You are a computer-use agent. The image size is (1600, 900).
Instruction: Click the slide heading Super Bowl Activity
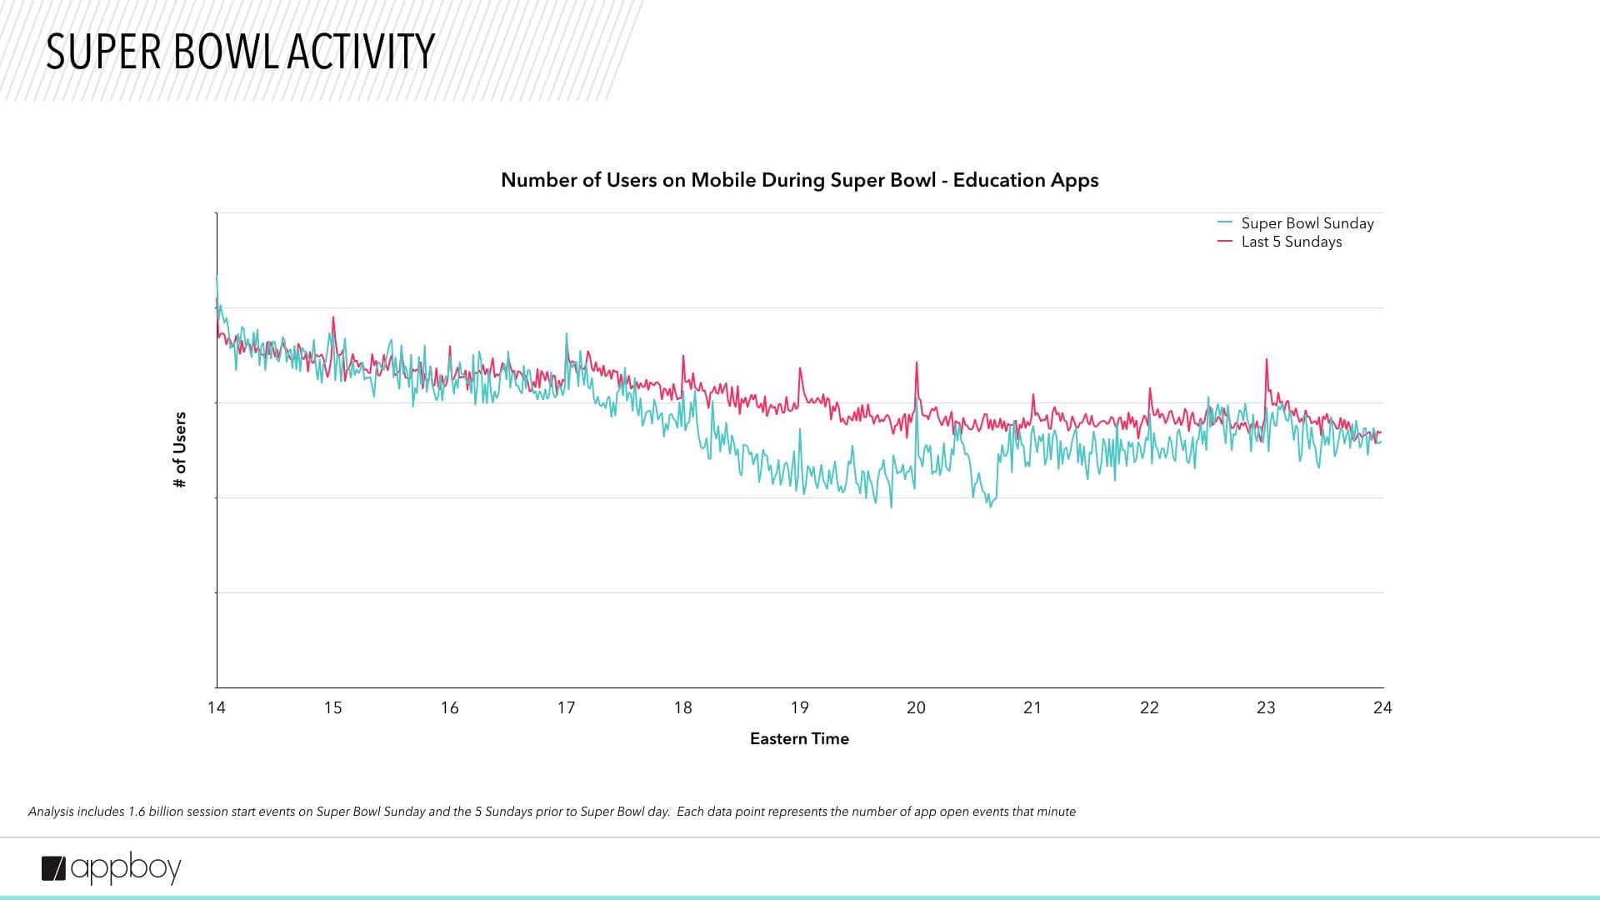240,52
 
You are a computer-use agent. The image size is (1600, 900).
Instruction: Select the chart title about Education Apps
799,180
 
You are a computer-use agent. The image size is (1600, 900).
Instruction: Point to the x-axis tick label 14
217,707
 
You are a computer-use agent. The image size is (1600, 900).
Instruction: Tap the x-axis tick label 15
332,707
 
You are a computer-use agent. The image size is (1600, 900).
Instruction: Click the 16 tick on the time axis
449,707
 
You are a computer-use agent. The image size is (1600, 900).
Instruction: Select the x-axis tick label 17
566,707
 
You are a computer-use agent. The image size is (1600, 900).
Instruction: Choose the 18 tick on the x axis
682,707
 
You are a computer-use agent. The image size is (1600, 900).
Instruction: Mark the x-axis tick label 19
799,707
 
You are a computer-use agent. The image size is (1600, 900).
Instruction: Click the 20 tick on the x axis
916,707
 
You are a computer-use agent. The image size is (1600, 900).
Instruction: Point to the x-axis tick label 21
1032,707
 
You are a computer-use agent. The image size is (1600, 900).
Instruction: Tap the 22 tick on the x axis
1149,707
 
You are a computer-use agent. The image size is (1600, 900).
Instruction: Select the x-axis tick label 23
1266,707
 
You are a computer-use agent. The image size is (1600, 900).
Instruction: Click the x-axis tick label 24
1382,707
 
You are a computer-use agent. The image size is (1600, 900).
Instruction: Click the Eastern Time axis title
799,738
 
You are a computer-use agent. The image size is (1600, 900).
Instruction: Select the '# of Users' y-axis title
180,450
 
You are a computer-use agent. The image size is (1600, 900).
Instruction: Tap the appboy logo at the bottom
112,868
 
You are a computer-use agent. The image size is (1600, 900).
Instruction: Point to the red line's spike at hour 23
1267,361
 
